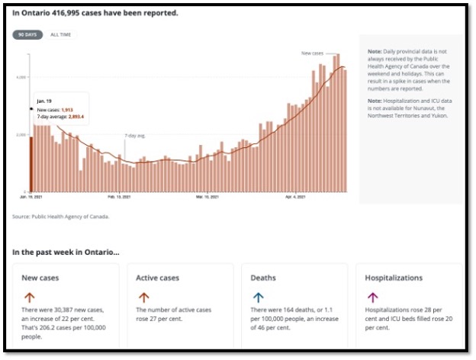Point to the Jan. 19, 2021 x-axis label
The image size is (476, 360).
pos(31,198)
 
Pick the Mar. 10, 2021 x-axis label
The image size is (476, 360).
pos(207,198)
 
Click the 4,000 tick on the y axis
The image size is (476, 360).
pos(23,77)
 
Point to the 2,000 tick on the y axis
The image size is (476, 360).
pos(23,135)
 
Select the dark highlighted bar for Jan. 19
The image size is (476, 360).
pos(31,163)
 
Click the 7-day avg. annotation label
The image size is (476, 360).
pos(134,136)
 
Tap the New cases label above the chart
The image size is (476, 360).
pos(313,53)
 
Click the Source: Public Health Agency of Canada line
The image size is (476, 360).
pos(61,217)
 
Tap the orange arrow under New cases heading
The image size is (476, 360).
pos(29,297)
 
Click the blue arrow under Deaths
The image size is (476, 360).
pos(258,297)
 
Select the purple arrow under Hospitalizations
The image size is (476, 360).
pos(372,297)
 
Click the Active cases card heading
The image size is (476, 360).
pos(158,278)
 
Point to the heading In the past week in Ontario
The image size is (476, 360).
pos(66,251)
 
